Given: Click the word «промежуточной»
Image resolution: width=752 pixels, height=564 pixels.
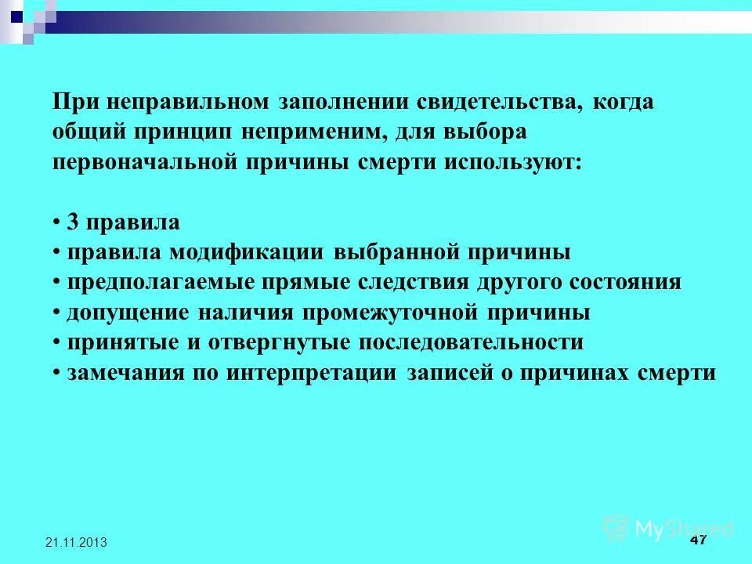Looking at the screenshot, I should pyautogui.click(x=376, y=313).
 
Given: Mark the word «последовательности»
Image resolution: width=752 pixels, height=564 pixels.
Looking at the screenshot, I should pyautogui.click(x=471, y=342).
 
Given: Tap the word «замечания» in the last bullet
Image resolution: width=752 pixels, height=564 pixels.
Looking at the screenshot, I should pyautogui.click(x=128, y=372).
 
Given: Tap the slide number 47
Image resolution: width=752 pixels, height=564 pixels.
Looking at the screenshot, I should pyautogui.click(x=699, y=541).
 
